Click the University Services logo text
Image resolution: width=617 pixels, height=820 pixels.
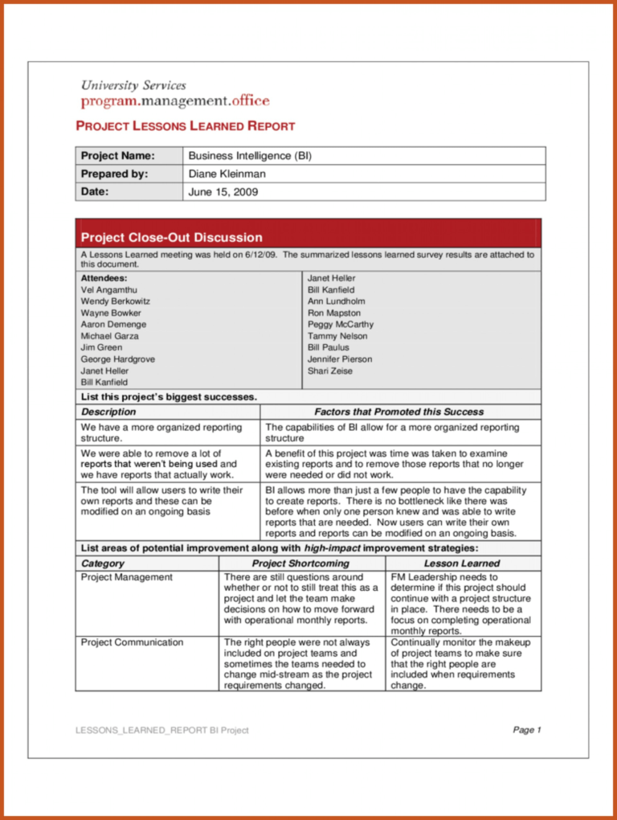point(133,85)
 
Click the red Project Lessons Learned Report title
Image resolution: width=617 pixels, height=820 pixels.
point(185,126)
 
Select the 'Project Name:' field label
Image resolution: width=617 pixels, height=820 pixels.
point(117,156)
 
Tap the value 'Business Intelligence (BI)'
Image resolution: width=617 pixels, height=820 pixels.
point(250,156)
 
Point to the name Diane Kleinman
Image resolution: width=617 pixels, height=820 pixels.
point(227,174)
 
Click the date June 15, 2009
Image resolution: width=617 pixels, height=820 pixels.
point(223,192)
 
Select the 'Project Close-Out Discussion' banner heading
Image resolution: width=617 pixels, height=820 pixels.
point(171,237)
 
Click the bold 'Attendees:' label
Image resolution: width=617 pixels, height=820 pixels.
point(104,278)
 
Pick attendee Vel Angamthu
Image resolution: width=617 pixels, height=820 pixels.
point(109,289)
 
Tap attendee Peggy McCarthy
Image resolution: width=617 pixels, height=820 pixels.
point(340,325)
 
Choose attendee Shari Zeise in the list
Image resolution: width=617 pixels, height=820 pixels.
point(329,371)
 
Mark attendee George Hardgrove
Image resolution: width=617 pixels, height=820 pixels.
point(117,359)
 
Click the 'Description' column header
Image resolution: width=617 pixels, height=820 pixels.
point(108,412)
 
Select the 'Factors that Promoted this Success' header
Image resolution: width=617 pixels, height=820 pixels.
point(398,412)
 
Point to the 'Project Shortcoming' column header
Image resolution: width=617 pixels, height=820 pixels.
point(300,564)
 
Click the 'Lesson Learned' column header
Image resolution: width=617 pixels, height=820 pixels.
point(462,564)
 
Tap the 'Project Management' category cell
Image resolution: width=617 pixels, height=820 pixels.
point(126,577)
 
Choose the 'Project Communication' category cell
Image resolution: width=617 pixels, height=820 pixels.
point(132,642)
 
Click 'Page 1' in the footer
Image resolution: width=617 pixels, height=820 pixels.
point(527,730)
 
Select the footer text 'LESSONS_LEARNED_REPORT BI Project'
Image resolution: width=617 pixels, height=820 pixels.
point(162,730)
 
